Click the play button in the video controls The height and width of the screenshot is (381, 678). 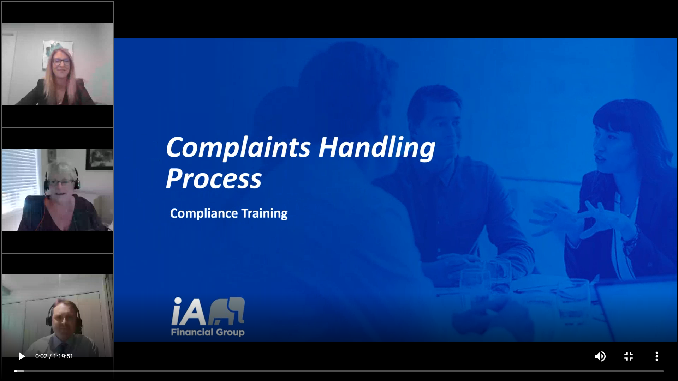point(22,356)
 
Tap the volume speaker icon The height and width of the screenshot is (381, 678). point(600,356)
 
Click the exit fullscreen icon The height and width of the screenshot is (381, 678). point(629,356)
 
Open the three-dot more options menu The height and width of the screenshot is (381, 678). point(657,356)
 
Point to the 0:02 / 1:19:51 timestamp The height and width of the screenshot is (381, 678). point(54,356)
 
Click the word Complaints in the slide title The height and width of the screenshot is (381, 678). point(238,148)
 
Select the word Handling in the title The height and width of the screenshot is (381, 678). point(377,148)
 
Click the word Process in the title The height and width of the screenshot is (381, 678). point(214,179)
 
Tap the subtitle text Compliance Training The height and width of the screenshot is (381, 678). point(229,213)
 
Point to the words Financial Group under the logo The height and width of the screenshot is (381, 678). point(208,332)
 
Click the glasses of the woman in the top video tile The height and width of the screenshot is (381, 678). point(61,61)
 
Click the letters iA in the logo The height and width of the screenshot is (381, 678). point(189,311)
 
